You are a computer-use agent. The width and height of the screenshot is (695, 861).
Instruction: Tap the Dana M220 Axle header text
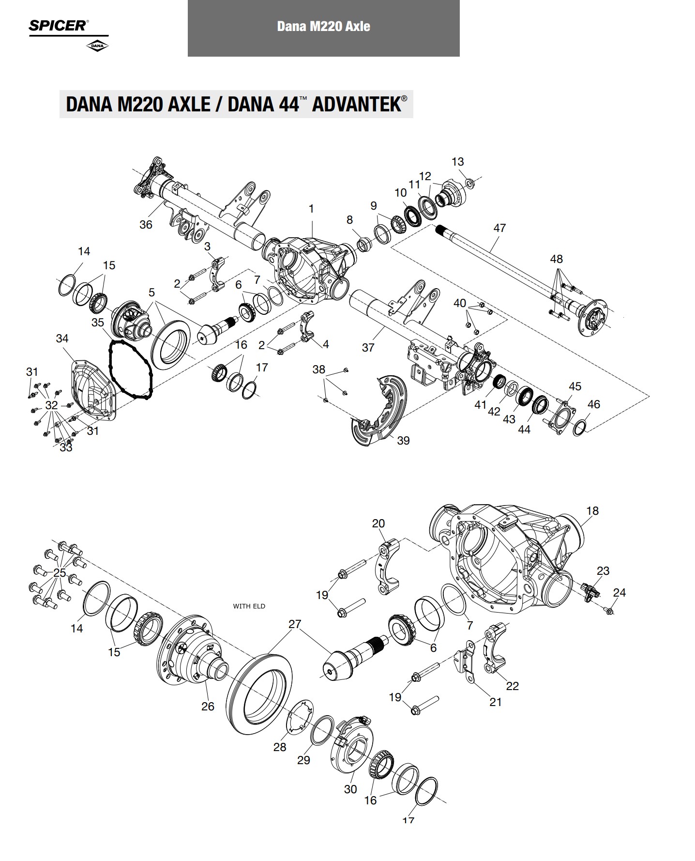[323, 26]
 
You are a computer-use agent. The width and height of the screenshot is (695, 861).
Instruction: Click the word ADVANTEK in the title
[356, 105]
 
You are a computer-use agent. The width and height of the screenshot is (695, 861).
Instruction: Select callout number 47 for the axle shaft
[499, 228]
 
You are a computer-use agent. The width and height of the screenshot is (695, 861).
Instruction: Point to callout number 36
[146, 225]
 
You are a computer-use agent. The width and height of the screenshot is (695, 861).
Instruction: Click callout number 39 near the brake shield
[403, 440]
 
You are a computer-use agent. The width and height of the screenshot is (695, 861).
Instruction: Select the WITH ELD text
[249, 606]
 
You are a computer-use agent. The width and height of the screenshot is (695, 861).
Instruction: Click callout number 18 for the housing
[592, 510]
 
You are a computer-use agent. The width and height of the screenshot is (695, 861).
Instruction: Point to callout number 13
[458, 162]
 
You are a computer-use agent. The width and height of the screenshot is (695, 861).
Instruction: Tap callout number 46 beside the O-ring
[593, 404]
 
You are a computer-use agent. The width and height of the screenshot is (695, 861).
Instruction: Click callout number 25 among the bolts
[60, 573]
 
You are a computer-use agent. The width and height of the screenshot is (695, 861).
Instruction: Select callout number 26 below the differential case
[208, 707]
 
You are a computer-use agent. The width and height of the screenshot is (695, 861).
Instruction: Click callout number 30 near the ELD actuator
[350, 789]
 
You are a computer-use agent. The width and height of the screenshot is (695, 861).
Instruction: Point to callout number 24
[619, 592]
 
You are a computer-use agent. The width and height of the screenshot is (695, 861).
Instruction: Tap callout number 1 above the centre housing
[311, 209]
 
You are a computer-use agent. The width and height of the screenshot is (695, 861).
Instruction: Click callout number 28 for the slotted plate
[280, 747]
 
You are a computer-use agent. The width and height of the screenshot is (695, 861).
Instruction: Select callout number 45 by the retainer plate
[575, 386]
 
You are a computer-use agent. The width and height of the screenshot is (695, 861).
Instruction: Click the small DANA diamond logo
[97, 46]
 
